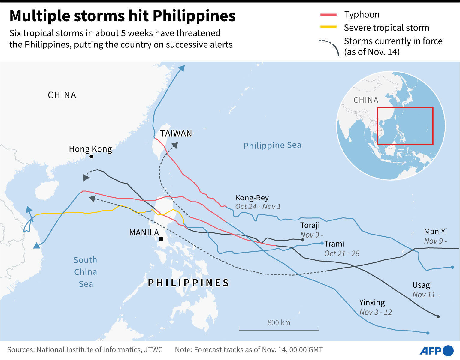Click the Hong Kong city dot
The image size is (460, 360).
coord(92,157)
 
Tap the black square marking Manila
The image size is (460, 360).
coord(161,239)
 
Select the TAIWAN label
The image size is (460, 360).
coord(176,133)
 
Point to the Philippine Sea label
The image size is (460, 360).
coord(272,145)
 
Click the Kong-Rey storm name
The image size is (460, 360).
coord(252,198)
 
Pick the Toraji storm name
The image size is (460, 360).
coord(310,225)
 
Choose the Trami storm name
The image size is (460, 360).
coord(334,244)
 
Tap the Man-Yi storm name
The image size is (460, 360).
coord(435,231)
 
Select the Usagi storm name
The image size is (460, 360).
coord(422,285)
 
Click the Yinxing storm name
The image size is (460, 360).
coord(372,302)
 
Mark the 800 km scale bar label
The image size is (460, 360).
coord(279,323)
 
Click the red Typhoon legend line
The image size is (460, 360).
coord(328,15)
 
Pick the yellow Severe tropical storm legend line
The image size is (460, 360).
coord(328,27)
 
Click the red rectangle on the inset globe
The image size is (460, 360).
coord(405,126)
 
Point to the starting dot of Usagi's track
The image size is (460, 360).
coord(438,316)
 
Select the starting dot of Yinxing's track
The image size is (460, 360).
coord(428,333)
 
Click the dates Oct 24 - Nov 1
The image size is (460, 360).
coord(258,206)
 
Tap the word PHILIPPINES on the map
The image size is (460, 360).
coord(189,283)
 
